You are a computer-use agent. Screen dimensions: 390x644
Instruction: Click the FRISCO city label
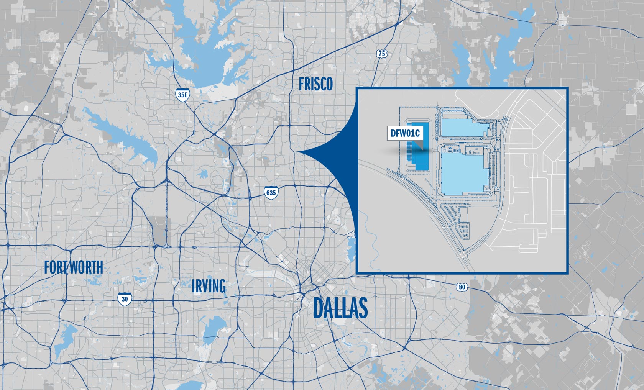(x=315, y=84)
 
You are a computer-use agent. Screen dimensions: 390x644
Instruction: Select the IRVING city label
(x=209, y=286)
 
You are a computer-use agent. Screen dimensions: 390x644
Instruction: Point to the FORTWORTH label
(x=74, y=267)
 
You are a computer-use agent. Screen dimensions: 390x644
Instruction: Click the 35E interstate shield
(x=182, y=95)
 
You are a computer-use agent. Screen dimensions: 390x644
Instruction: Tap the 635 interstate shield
(x=271, y=192)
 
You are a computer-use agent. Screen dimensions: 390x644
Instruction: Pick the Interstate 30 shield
(x=125, y=299)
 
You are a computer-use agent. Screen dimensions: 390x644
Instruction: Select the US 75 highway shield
(x=381, y=54)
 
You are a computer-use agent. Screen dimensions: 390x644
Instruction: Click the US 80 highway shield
(x=462, y=287)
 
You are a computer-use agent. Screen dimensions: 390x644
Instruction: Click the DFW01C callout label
(x=405, y=133)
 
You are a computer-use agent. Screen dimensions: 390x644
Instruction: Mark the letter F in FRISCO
(x=302, y=84)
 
